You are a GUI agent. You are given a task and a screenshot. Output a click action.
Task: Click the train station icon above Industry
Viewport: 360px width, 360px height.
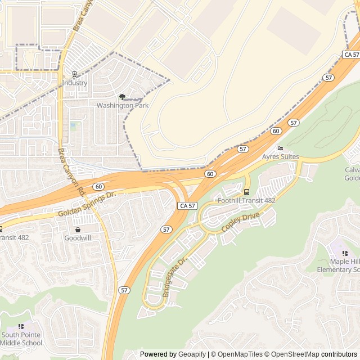tap(75, 74)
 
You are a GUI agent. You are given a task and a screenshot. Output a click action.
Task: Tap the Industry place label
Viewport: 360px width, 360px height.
tap(75, 83)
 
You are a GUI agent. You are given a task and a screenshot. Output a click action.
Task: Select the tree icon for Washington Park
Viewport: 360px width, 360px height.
tap(123, 97)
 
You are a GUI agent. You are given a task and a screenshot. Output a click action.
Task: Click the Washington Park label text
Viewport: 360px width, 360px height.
tap(123, 105)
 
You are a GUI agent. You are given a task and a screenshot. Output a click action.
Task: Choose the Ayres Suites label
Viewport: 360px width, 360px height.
tap(281, 157)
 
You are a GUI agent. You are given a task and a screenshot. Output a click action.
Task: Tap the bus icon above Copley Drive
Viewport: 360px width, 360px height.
tap(246, 192)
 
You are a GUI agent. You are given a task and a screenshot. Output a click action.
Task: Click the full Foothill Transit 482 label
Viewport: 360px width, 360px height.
tap(246, 200)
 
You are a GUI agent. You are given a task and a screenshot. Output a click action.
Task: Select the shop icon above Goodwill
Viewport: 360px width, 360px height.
tap(78, 229)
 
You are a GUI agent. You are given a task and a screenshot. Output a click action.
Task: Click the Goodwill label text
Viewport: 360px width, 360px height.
tap(78, 238)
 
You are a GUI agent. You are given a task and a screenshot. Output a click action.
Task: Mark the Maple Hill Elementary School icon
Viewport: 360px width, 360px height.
tap(345, 254)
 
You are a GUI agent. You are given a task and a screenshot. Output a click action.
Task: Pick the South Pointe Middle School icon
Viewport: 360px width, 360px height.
tap(21, 326)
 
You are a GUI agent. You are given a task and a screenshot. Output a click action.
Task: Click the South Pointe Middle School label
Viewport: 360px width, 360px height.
tap(21, 339)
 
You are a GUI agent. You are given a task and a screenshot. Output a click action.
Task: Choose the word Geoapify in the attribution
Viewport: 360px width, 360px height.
tap(192, 354)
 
